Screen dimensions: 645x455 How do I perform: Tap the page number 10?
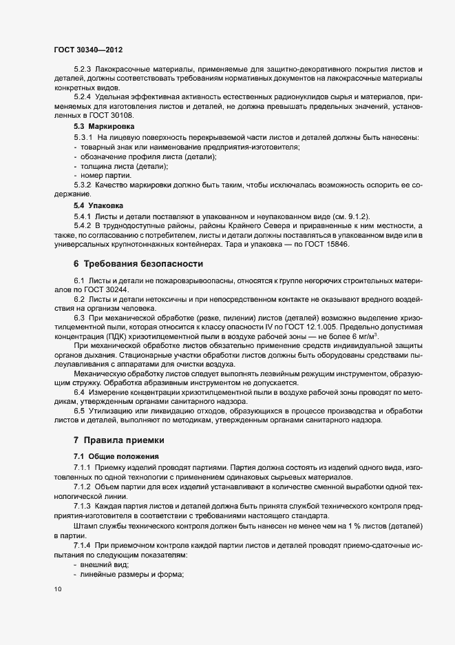click(57, 589)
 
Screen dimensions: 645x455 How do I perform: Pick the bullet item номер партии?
click(106, 176)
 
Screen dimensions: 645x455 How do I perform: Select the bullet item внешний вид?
click(105, 564)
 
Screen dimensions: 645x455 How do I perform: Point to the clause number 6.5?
click(79, 409)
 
